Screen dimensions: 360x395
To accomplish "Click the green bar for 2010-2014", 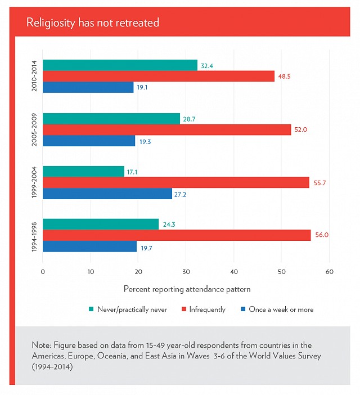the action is tap(120, 65).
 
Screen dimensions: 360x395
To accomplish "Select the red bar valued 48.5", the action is tap(159, 77).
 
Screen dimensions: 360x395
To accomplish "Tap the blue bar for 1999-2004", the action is tap(107, 194).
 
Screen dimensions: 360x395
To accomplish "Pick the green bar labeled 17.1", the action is tap(84, 172).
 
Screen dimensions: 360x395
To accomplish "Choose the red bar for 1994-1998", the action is tap(177, 235).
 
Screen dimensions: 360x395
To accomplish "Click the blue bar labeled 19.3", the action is tap(89, 141).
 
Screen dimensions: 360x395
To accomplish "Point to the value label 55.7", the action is tap(319, 183).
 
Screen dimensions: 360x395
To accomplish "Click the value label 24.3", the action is tap(169, 225).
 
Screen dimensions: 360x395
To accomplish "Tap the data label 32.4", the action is tap(207, 66).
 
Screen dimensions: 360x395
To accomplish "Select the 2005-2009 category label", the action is tap(34, 130).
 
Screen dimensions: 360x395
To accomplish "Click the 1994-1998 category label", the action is tap(34, 237).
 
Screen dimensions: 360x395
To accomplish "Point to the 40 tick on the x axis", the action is tap(234, 272).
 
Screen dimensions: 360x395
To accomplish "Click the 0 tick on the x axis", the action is tap(43, 272).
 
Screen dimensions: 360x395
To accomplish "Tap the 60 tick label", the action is tap(329, 272).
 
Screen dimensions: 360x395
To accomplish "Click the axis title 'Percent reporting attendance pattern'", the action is tap(187, 289).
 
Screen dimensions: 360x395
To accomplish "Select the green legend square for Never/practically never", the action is tap(91, 309).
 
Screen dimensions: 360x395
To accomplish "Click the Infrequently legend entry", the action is tap(204, 309).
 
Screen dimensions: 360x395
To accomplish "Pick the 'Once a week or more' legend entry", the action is tap(277, 309).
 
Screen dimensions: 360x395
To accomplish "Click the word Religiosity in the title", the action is tap(51, 23).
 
